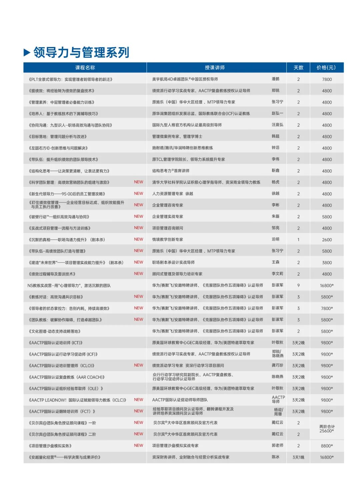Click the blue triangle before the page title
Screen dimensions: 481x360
point(27,52)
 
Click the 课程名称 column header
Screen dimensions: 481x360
point(85,68)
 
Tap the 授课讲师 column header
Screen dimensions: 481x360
point(215,68)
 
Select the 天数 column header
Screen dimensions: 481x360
point(298,68)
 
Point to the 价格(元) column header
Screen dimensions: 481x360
point(326,68)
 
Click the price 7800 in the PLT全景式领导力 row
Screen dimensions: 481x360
point(327,79)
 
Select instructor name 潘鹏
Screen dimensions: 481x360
point(276,79)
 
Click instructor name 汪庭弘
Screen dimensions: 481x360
point(277,125)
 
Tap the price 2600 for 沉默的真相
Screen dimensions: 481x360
point(327,240)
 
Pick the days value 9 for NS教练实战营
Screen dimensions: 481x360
point(298,286)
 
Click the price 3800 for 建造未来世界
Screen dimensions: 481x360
point(327,263)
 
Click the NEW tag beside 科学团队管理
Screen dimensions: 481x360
point(138,182)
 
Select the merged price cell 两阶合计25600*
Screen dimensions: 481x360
point(327,429)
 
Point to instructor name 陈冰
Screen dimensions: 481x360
point(276,457)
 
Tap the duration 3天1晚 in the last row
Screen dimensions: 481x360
point(298,457)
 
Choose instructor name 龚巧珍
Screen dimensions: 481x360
point(277,365)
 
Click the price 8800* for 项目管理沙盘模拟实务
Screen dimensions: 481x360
point(327,446)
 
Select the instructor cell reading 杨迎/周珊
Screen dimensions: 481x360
point(278,412)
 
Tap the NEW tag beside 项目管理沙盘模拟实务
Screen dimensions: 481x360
point(138,445)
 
